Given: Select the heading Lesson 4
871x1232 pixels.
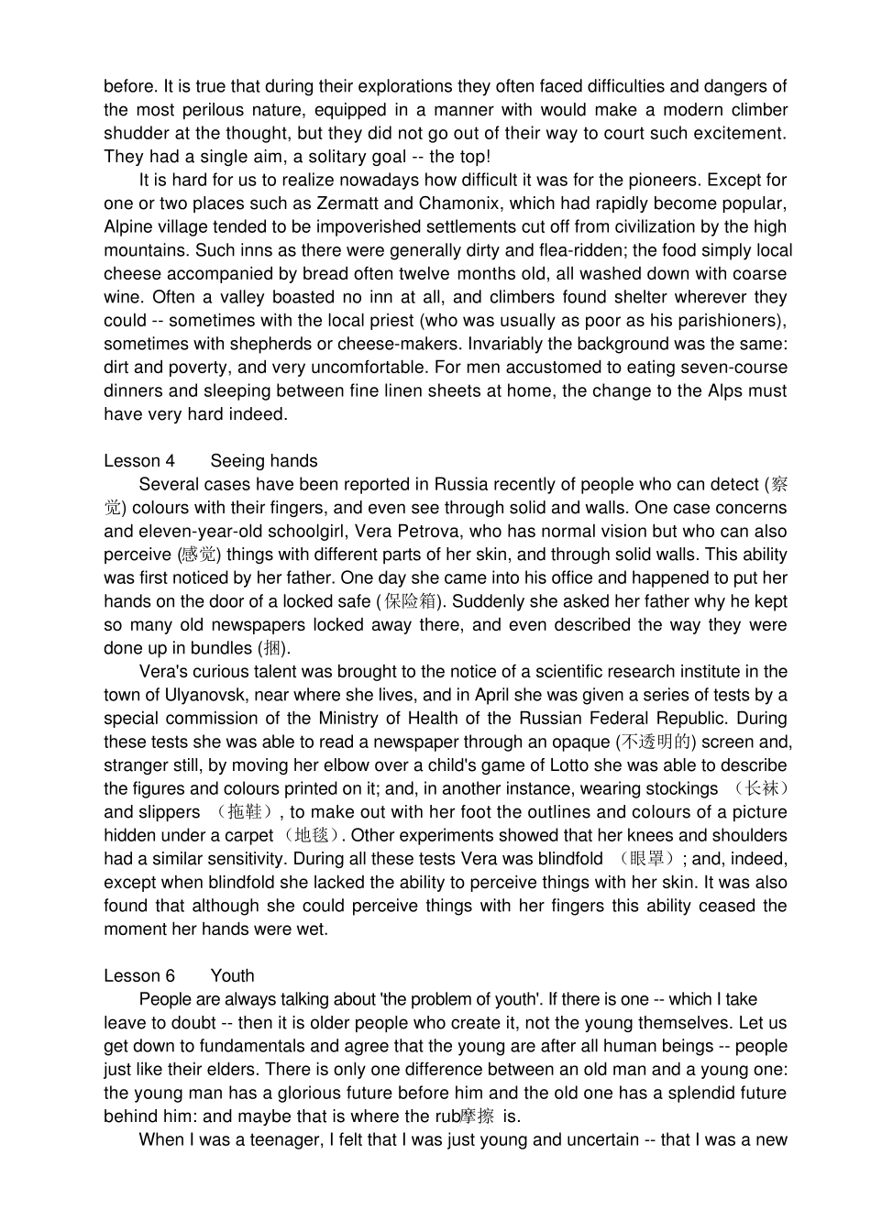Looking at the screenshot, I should click(x=139, y=461).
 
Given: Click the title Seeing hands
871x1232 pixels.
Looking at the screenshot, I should click(x=264, y=461).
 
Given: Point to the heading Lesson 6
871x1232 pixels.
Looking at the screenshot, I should click(x=139, y=976).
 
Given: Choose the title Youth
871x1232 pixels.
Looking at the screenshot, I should click(x=232, y=976).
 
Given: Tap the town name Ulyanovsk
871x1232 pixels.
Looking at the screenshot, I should click(x=210, y=696).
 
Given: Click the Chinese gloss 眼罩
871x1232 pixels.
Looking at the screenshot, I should click(x=646, y=859).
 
